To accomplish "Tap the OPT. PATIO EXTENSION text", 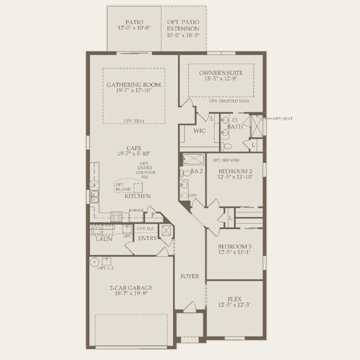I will coord(183,28).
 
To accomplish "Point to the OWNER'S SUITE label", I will coord(220,73).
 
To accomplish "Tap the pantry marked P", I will coord(152,215).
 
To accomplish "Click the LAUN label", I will coord(104,239).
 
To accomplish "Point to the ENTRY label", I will coord(148,238).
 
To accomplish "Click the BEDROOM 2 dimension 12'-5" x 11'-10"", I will coord(235,177).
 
